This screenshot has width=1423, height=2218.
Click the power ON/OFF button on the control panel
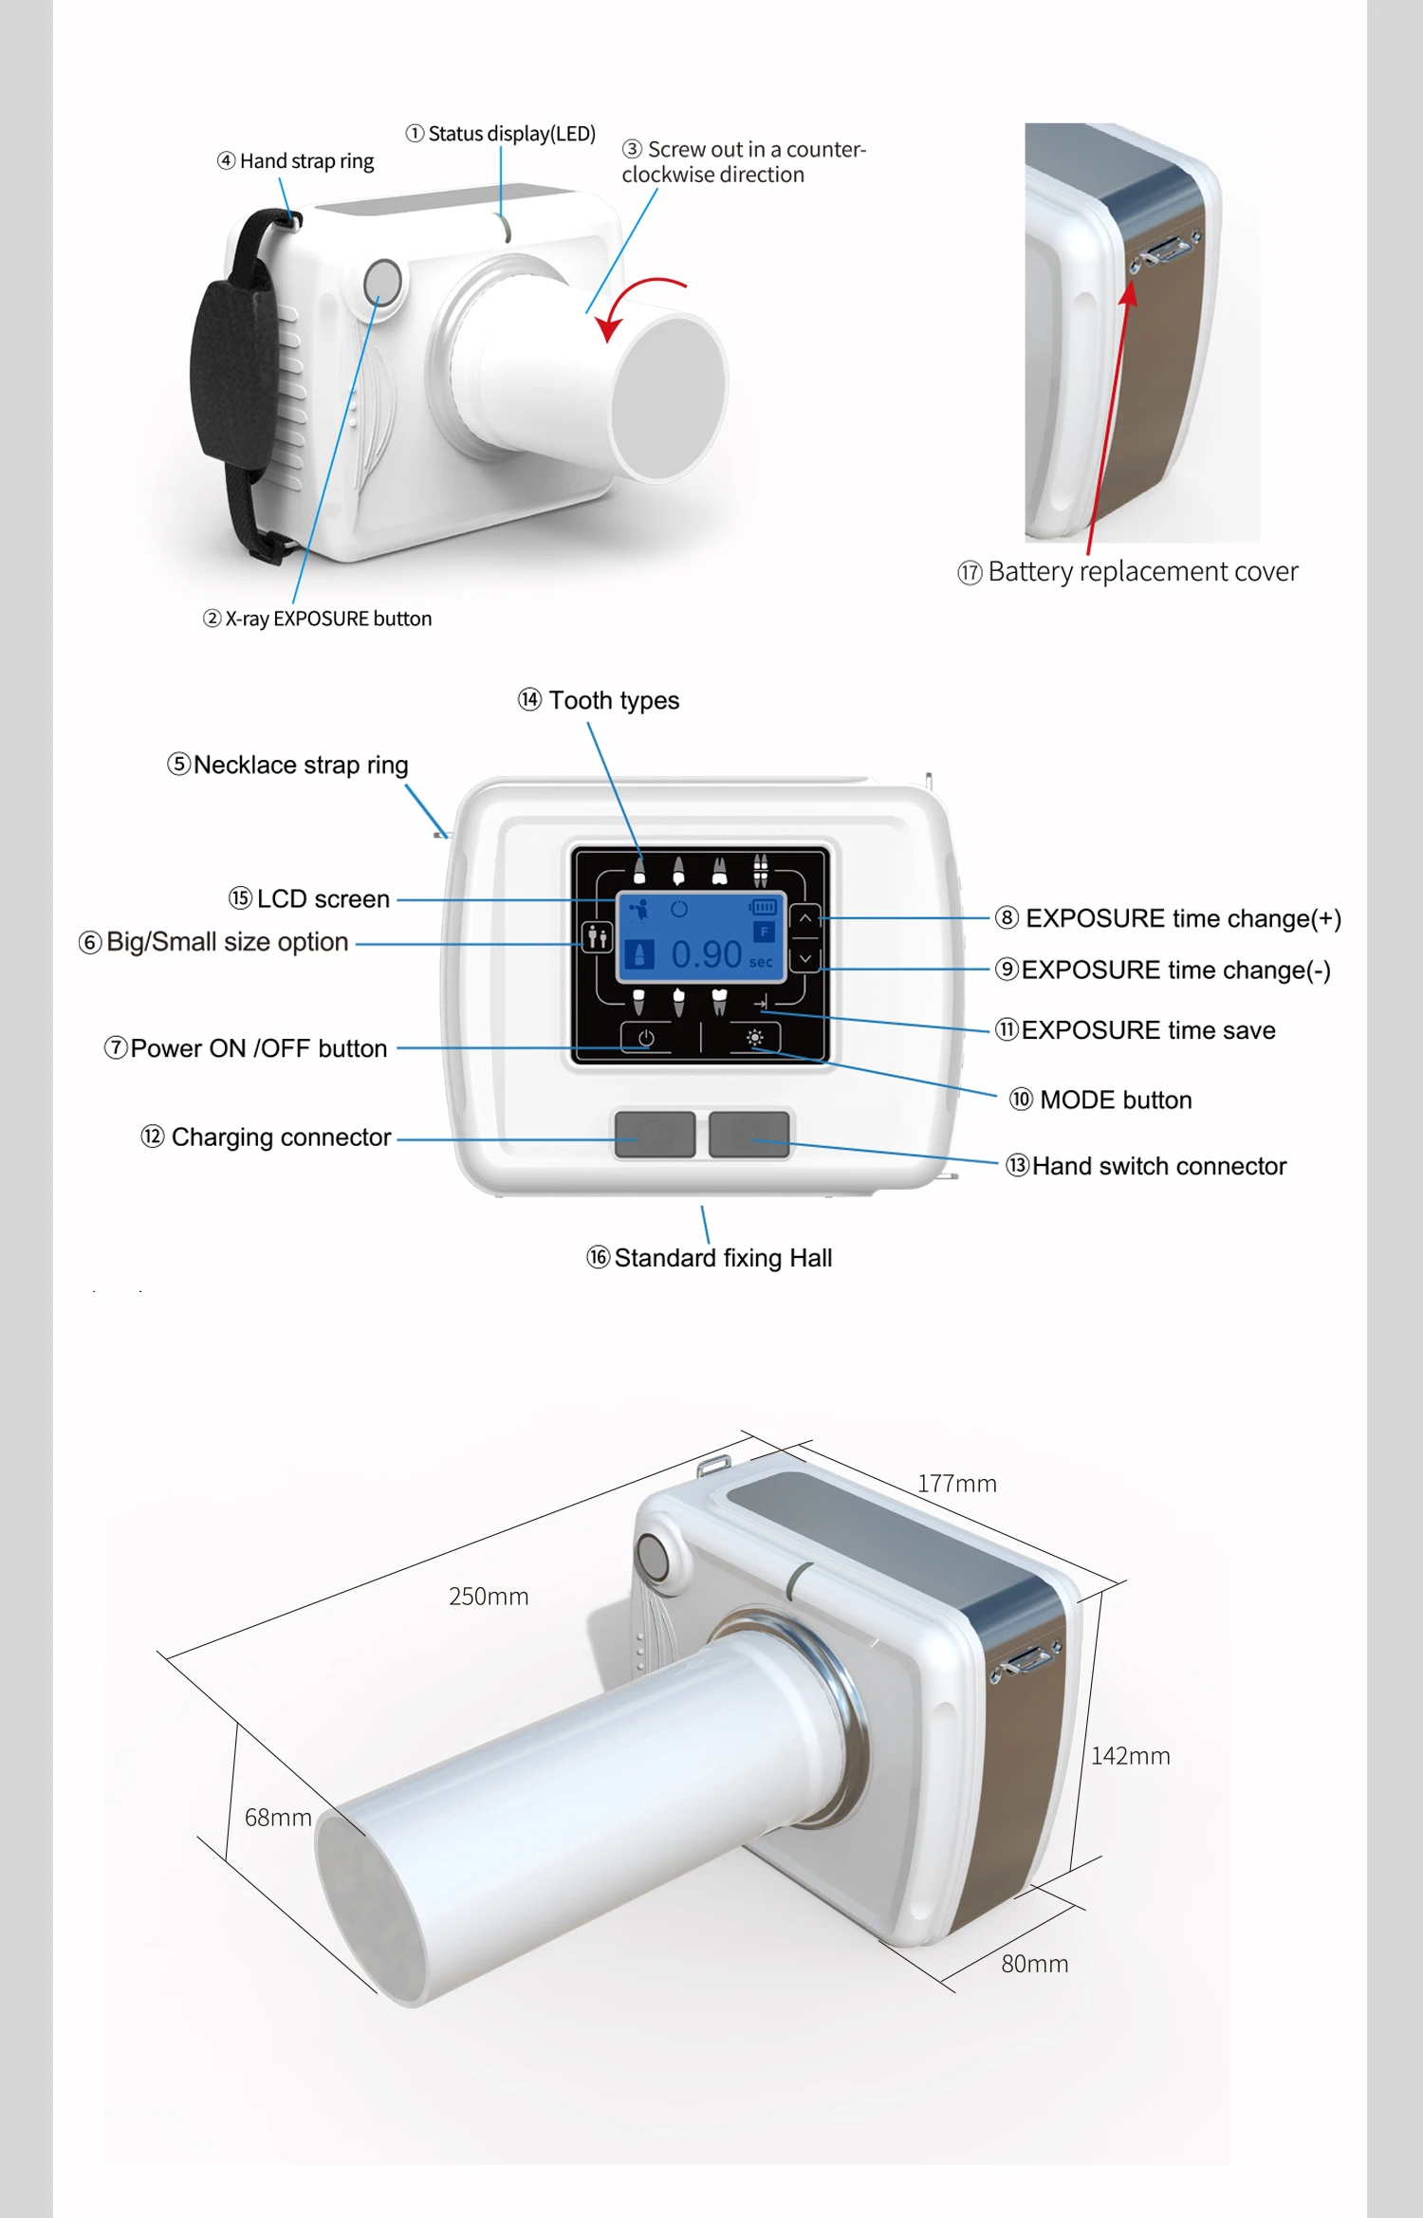[x=646, y=1038]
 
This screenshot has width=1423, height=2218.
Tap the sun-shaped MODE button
[x=755, y=1038]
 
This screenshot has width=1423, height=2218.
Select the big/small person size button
[x=597, y=938]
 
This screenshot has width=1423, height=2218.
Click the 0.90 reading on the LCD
[x=706, y=954]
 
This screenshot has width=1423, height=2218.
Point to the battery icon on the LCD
[x=763, y=908]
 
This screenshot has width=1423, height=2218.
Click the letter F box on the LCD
[x=764, y=933]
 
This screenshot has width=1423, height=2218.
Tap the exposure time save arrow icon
[x=761, y=1003]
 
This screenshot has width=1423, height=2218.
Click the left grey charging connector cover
[x=655, y=1134]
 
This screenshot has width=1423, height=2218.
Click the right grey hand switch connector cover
[x=749, y=1134]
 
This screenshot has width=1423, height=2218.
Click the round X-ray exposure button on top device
[x=383, y=282]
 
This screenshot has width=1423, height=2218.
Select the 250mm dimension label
[x=489, y=1597]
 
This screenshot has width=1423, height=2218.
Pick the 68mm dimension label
[x=278, y=1818]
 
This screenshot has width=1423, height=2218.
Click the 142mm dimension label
[x=1130, y=1756]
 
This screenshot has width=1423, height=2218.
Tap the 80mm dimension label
[x=1034, y=1964]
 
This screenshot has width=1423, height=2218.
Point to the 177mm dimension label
[x=956, y=1484]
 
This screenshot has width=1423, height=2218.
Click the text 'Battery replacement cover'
[x=1142, y=572]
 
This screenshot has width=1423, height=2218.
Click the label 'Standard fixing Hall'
[x=723, y=1258]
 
